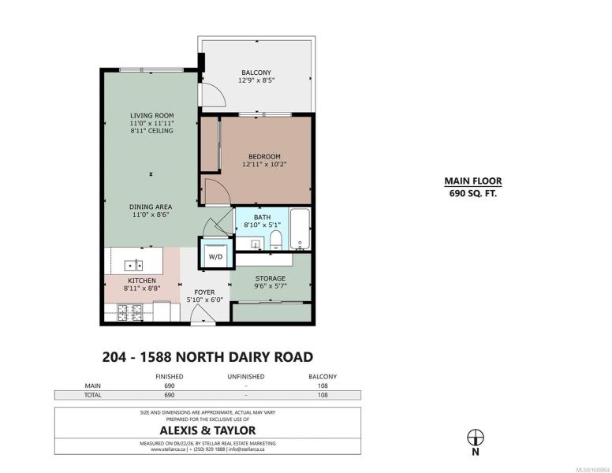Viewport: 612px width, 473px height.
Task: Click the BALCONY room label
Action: pos(256,73)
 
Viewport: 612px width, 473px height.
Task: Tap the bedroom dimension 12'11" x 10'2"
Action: pos(264,164)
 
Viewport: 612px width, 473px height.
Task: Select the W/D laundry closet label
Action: pos(215,257)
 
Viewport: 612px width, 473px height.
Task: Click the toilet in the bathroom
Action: pos(276,240)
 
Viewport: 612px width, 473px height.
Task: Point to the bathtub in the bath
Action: pos(300,229)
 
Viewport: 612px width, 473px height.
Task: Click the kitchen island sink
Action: pos(133,266)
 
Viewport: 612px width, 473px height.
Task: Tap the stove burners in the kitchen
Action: pos(130,313)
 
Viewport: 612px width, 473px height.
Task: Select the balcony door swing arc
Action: pos(218,91)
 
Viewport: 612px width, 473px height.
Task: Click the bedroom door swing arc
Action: pos(223,187)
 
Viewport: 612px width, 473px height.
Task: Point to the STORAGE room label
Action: pos(270,278)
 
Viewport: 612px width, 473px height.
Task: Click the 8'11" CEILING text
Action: pos(152,131)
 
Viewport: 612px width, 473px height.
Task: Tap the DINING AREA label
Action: pos(151,207)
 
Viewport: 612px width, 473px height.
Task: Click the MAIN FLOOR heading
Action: pos(473,181)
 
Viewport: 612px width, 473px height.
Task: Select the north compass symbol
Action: pos(476,438)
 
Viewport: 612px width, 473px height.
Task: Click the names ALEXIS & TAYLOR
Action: pos(207,430)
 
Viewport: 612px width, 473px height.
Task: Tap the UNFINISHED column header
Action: pos(246,377)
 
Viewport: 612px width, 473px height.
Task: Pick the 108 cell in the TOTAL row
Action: pos(323,395)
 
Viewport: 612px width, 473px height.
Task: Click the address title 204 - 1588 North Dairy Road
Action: pos(207,357)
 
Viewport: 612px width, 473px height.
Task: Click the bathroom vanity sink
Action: pos(256,244)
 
